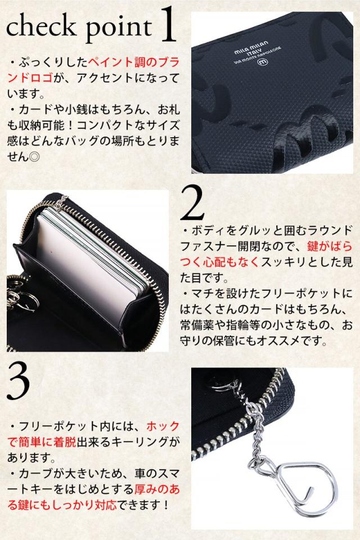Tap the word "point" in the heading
pyautogui.click(x=118, y=28)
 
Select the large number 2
pyautogui.click(x=192, y=203)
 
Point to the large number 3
pyautogui.click(x=18, y=382)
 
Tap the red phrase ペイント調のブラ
pyautogui.click(x=134, y=62)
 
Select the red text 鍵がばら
pyautogui.click(x=330, y=246)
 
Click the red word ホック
pyautogui.click(x=163, y=426)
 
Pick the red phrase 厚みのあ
pyautogui.click(x=157, y=489)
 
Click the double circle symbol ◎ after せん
pyautogui.click(x=35, y=157)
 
